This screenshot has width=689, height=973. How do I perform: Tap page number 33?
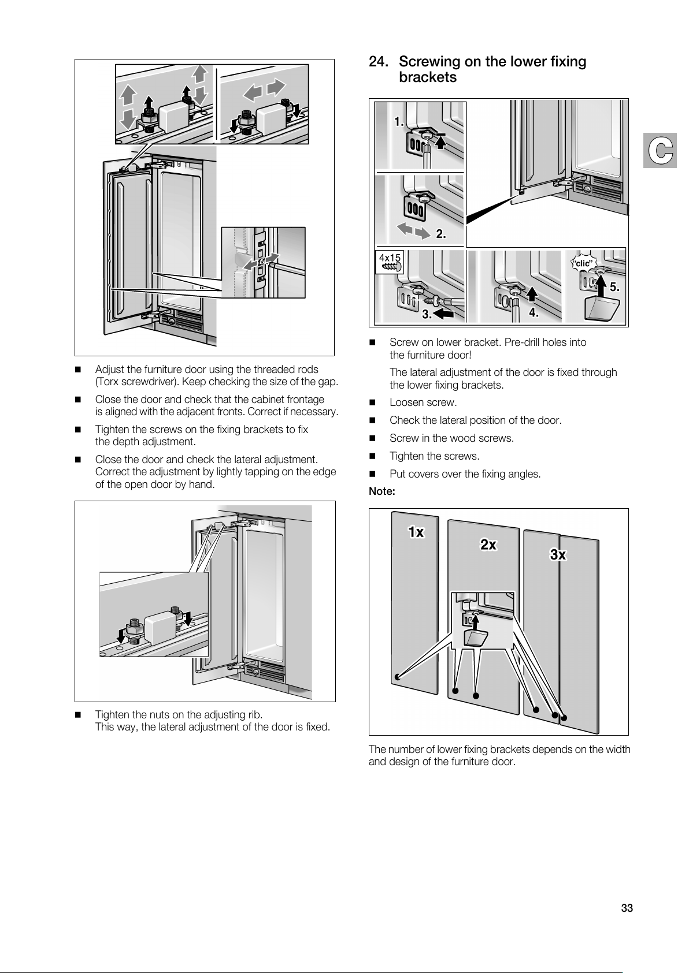click(x=627, y=908)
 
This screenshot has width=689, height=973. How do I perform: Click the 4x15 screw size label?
click(x=390, y=258)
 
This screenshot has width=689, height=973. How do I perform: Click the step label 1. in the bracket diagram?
click(x=399, y=121)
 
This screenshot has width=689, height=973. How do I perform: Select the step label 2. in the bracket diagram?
click(x=441, y=234)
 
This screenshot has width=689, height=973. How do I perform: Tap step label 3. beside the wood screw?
click(x=427, y=315)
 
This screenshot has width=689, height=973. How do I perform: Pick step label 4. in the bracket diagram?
click(x=534, y=313)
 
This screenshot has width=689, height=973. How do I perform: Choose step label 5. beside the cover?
click(x=614, y=286)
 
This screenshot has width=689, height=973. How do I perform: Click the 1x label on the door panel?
click(x=416, y=532)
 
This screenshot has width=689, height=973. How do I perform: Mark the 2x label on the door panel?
click(x=488, y=545)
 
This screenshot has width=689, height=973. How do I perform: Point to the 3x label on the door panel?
click(x=558, y=555)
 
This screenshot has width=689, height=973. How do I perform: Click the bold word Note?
click(x=382, y=492)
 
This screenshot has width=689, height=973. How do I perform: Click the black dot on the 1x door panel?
click(x=397, y=676)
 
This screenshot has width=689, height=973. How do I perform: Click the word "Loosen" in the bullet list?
click(x=407, y=402)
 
